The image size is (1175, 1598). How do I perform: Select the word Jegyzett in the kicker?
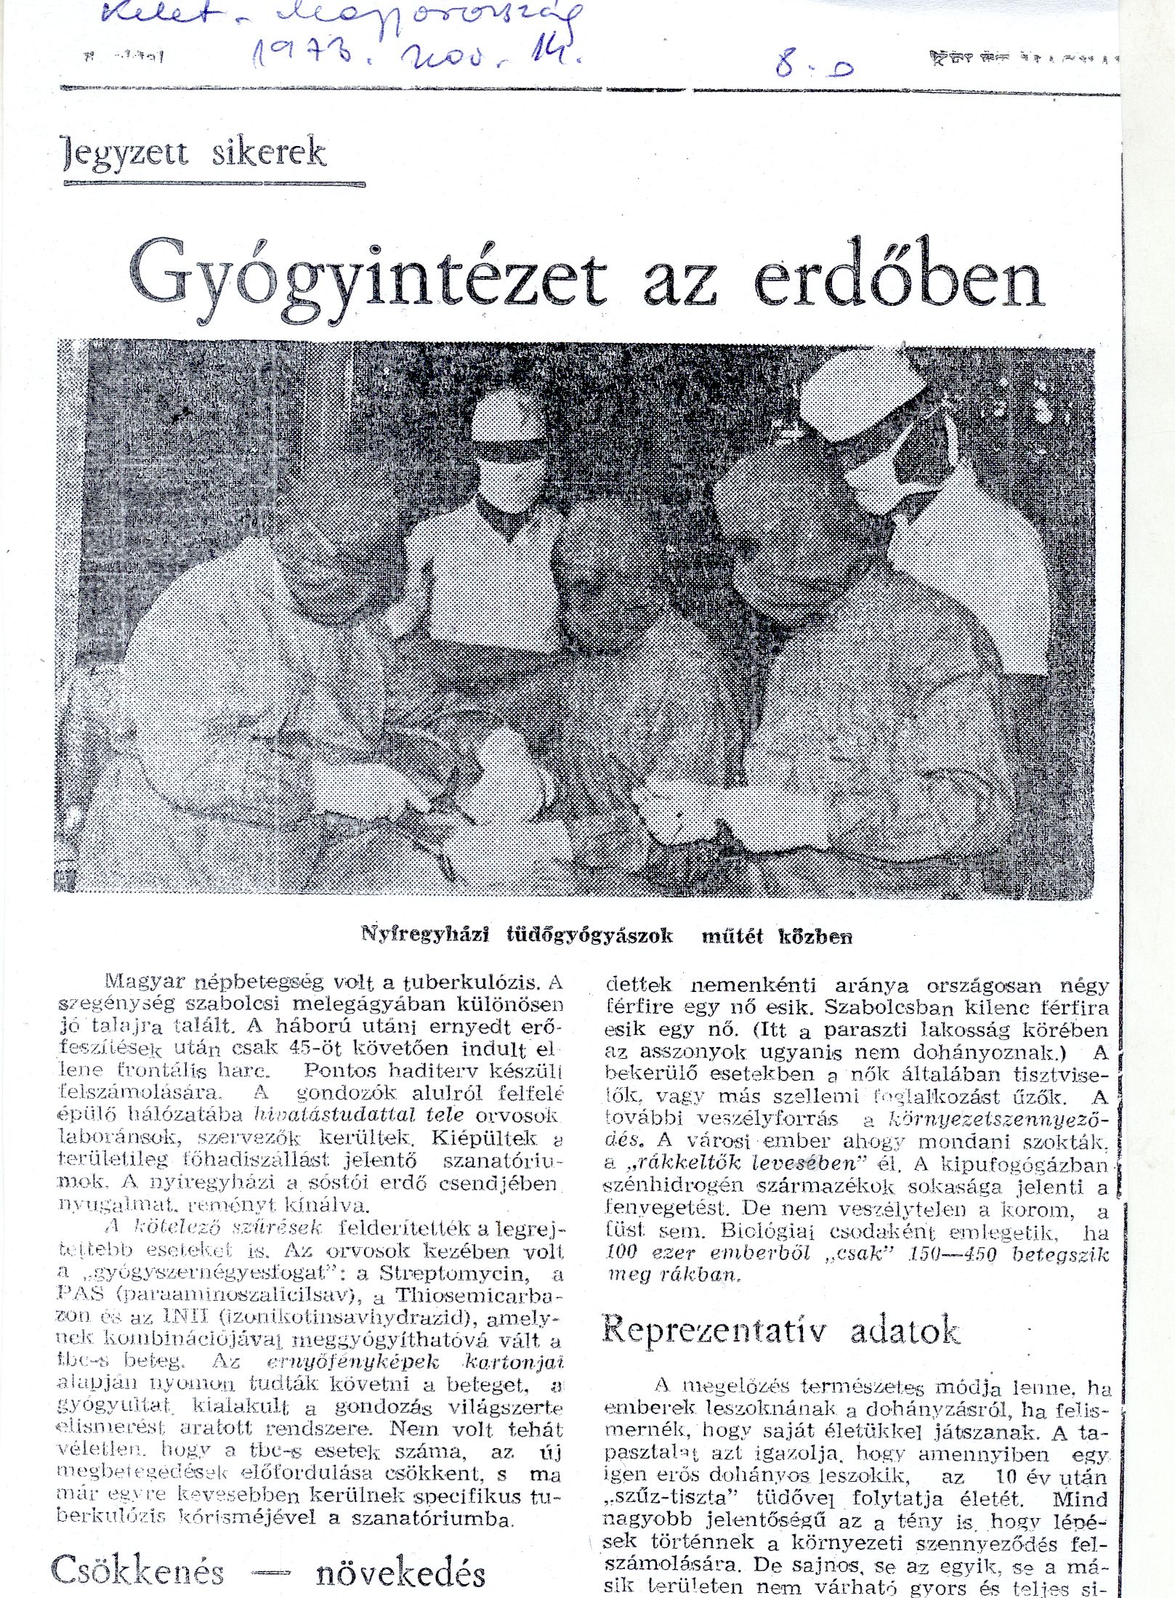click(124, 153)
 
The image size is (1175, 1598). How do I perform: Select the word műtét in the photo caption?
click(732, 936)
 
